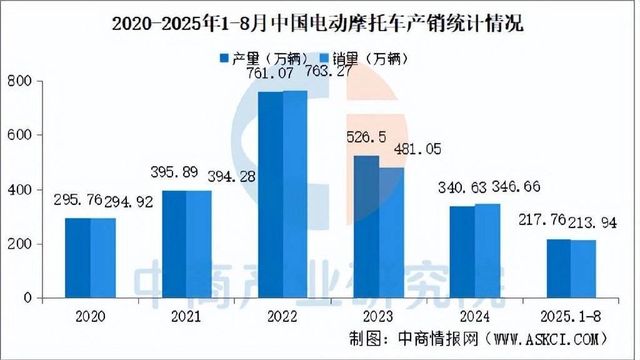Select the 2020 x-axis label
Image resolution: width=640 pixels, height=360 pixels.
90,317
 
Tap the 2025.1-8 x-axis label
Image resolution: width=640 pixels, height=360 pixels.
570,317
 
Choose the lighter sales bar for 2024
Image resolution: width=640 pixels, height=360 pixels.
487,251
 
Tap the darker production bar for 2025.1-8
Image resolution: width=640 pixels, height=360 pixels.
558,268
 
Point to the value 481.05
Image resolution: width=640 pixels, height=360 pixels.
417,149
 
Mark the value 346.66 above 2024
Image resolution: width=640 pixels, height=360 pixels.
516,187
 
